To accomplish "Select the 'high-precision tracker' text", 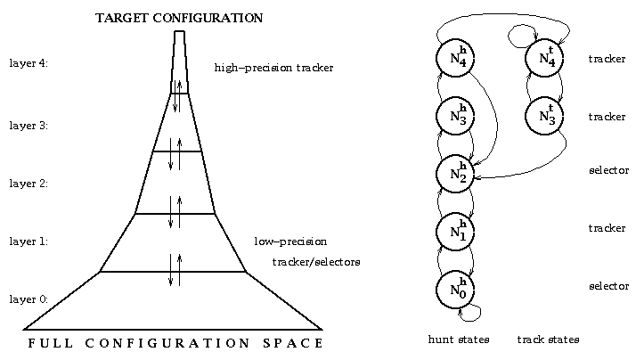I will (273, 68).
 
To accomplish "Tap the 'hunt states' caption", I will (460, 340).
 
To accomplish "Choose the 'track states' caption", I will (548, 340).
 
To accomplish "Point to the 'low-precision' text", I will (290, 241).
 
